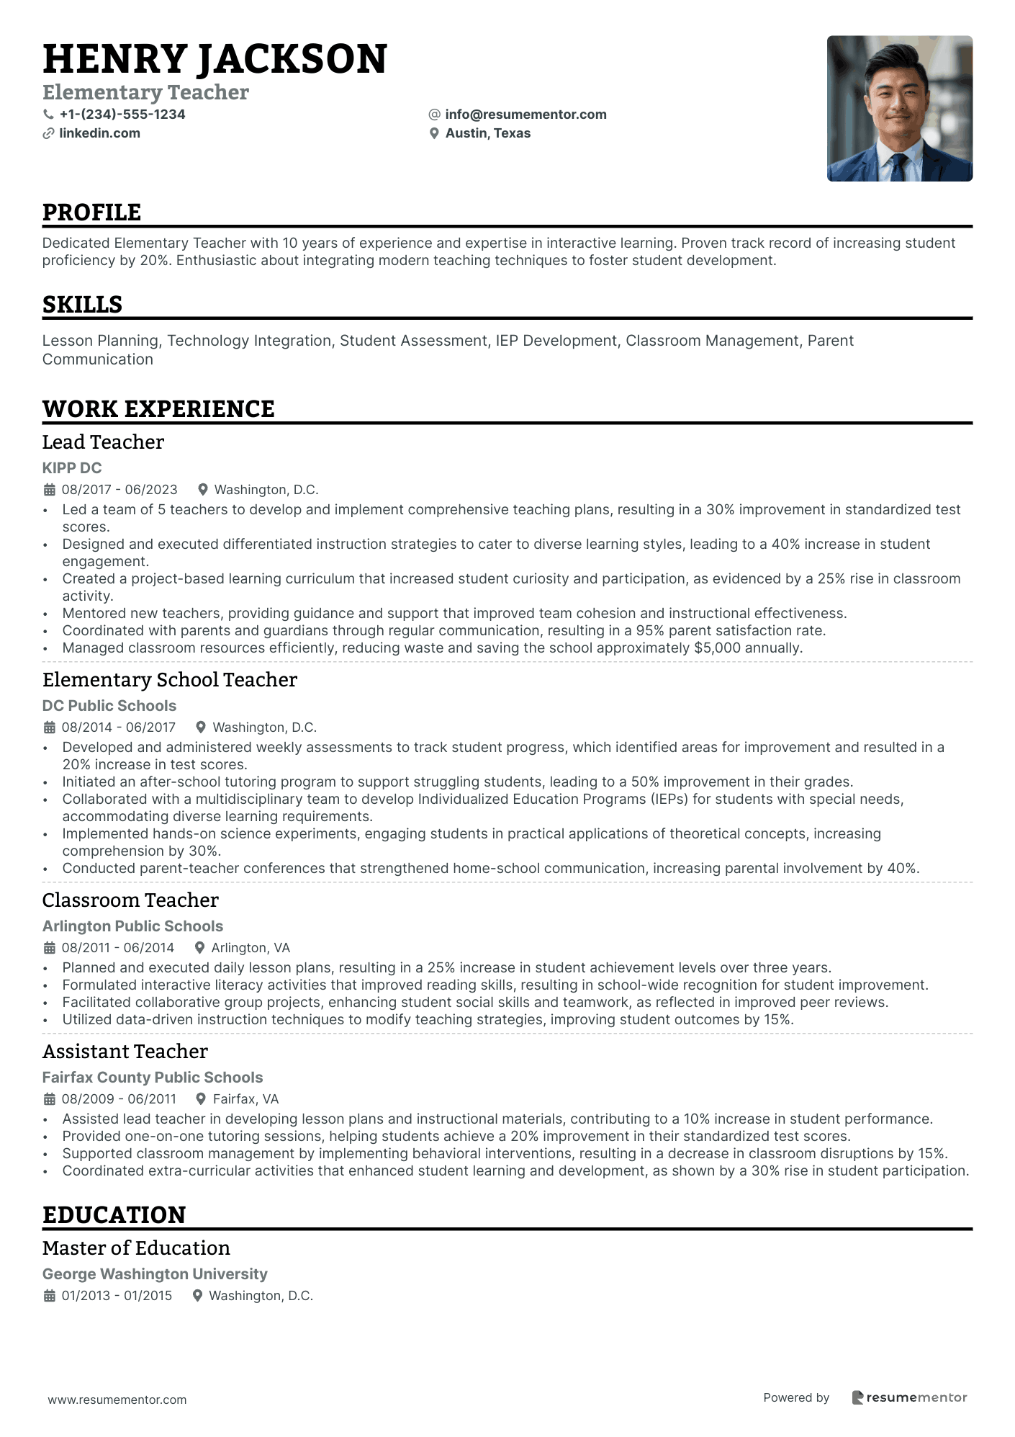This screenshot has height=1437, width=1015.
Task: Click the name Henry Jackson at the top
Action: [x=215, y=59]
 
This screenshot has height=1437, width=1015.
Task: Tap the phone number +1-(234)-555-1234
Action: [x=122, y=115]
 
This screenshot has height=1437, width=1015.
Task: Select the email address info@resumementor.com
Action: [x=525, y=115]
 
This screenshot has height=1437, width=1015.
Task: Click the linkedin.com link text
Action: [x=99, y=133]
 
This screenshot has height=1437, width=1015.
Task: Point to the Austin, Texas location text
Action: [x=487, y=133]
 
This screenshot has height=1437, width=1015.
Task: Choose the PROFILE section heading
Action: [x=91, y=212]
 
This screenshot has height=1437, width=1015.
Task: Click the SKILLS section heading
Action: [x=82, y=305]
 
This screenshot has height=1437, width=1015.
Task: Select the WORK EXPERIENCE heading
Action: [x=158, y=409]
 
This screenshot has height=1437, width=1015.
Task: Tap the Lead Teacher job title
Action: [x=103, y=442]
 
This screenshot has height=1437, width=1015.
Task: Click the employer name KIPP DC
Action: [x=72, y=468]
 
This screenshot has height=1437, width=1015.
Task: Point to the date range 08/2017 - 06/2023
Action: [x=119, y=490]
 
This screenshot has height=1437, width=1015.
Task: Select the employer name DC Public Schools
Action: [x=109, y=706]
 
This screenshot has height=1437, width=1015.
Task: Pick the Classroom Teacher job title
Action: [x=130, y=900]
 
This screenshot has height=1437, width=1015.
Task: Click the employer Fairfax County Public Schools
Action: [x=153, y=1078]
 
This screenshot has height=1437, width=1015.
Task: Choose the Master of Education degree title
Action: [x=136, y=1248]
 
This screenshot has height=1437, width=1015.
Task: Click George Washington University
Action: [x=155, y=1274]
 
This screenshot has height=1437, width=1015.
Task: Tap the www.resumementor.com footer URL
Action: [x=117, y=1400]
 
